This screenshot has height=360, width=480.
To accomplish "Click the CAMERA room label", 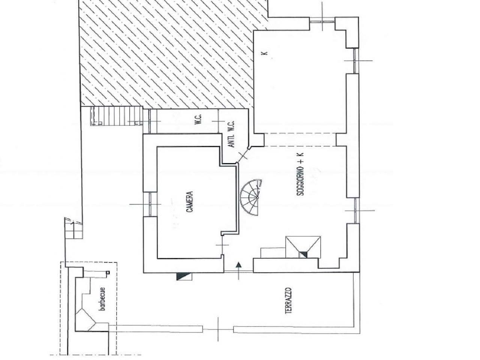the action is click(x=190, y=202).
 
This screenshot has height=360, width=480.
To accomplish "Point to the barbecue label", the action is click(x=102, y=299).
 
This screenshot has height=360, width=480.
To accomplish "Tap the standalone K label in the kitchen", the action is click(x=265, y=53).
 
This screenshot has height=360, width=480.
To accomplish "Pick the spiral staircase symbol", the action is click(x=251, y=197).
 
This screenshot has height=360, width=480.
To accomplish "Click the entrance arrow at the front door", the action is click(x=238, y=271).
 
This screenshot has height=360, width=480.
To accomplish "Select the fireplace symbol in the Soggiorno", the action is click(x=303, y=247).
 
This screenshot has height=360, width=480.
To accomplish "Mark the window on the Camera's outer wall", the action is click(x=150, y=204).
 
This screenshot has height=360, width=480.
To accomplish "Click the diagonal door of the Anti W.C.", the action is click(x=243, y=155).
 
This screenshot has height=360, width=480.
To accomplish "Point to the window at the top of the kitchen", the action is click(x=322, y=21).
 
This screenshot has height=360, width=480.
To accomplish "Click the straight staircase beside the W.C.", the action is click(x=117, y=116).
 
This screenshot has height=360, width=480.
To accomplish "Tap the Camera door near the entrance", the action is click(x=222, y=245).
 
